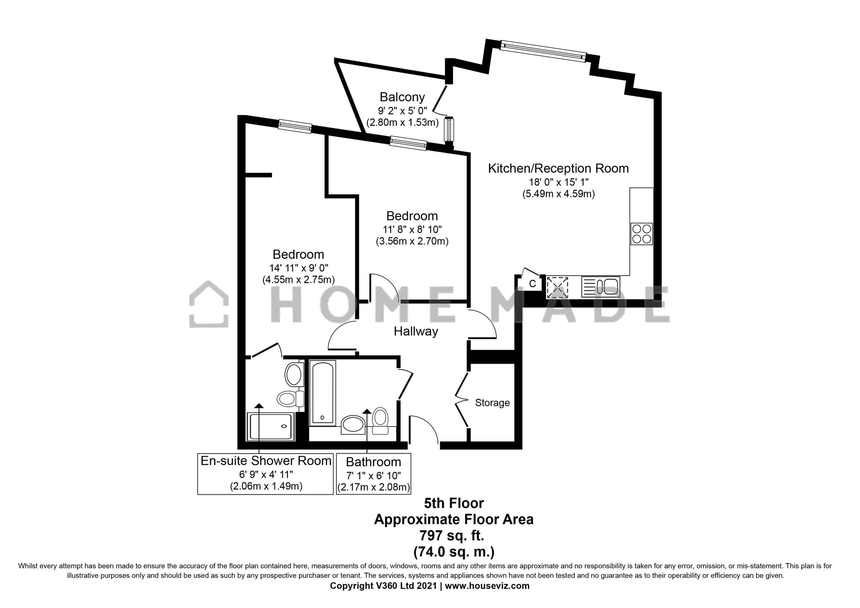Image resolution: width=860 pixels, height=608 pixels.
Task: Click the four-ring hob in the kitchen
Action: point(642,234)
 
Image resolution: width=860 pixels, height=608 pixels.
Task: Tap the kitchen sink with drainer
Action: point(601,287)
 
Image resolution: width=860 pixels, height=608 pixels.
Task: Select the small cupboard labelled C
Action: point(532,284)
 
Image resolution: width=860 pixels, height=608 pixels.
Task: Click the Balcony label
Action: point(402,97)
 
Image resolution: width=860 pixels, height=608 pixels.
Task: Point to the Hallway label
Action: point(416,331)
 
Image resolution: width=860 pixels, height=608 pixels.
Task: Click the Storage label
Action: point(492,403)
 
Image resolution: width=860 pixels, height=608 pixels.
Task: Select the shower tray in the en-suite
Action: point(270,427)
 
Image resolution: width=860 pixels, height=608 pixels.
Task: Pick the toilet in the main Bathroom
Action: point(380,419)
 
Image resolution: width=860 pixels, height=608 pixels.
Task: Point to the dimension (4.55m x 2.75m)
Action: point(298,280)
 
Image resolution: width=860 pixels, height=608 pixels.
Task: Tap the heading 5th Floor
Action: point(454,503)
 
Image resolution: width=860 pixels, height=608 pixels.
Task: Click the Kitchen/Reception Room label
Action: point(558,168)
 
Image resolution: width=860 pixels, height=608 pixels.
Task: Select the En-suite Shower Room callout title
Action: point(266,460)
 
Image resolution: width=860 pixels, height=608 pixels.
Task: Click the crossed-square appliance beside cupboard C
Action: point(557,287)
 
